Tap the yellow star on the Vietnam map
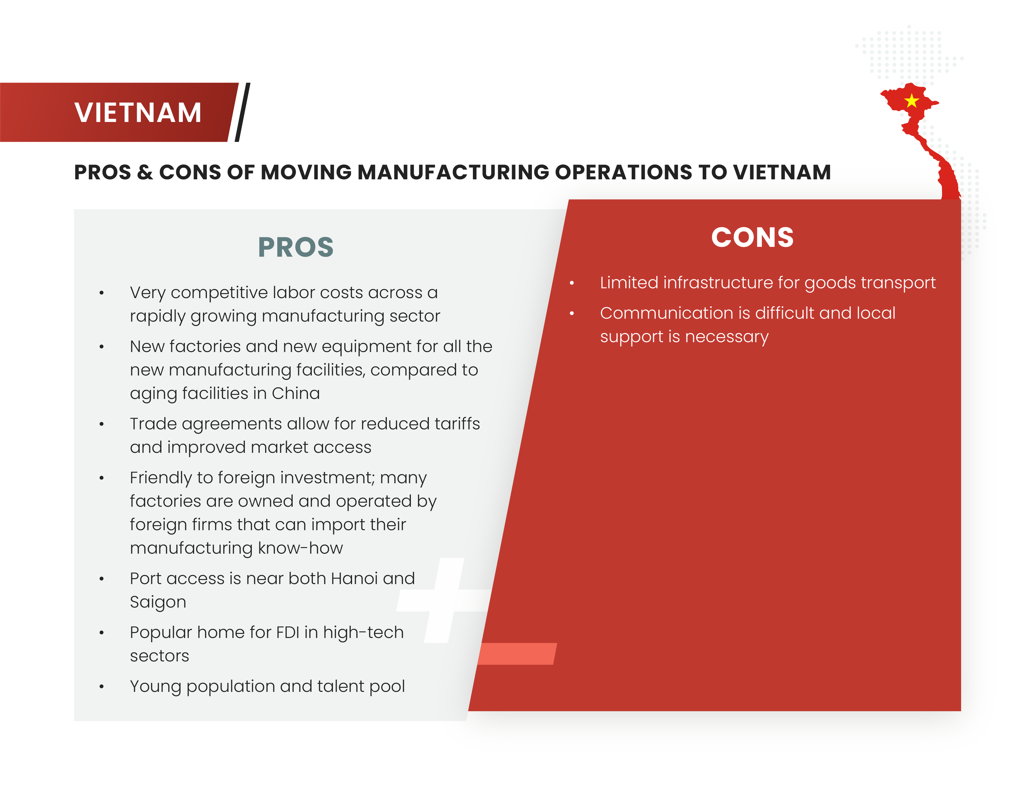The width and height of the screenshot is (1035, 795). click(x=911, y=101)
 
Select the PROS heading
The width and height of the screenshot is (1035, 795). click(x=296, y=247)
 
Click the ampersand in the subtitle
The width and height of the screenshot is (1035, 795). click(x=145, y=172)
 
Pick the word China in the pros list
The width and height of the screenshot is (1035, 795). click(x=296, y=393)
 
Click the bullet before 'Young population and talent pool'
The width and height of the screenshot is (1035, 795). click(x=101, y=687)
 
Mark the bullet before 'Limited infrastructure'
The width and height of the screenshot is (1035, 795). click(x=572, y=283)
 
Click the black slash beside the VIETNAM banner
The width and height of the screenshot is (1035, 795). click(x=242, y=112)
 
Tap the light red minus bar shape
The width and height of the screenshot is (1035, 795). click(x=517, y=654)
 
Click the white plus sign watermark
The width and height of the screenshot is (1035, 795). click(x=444, y=600)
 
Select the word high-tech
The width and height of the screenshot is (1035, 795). click(x=363, y=633)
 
